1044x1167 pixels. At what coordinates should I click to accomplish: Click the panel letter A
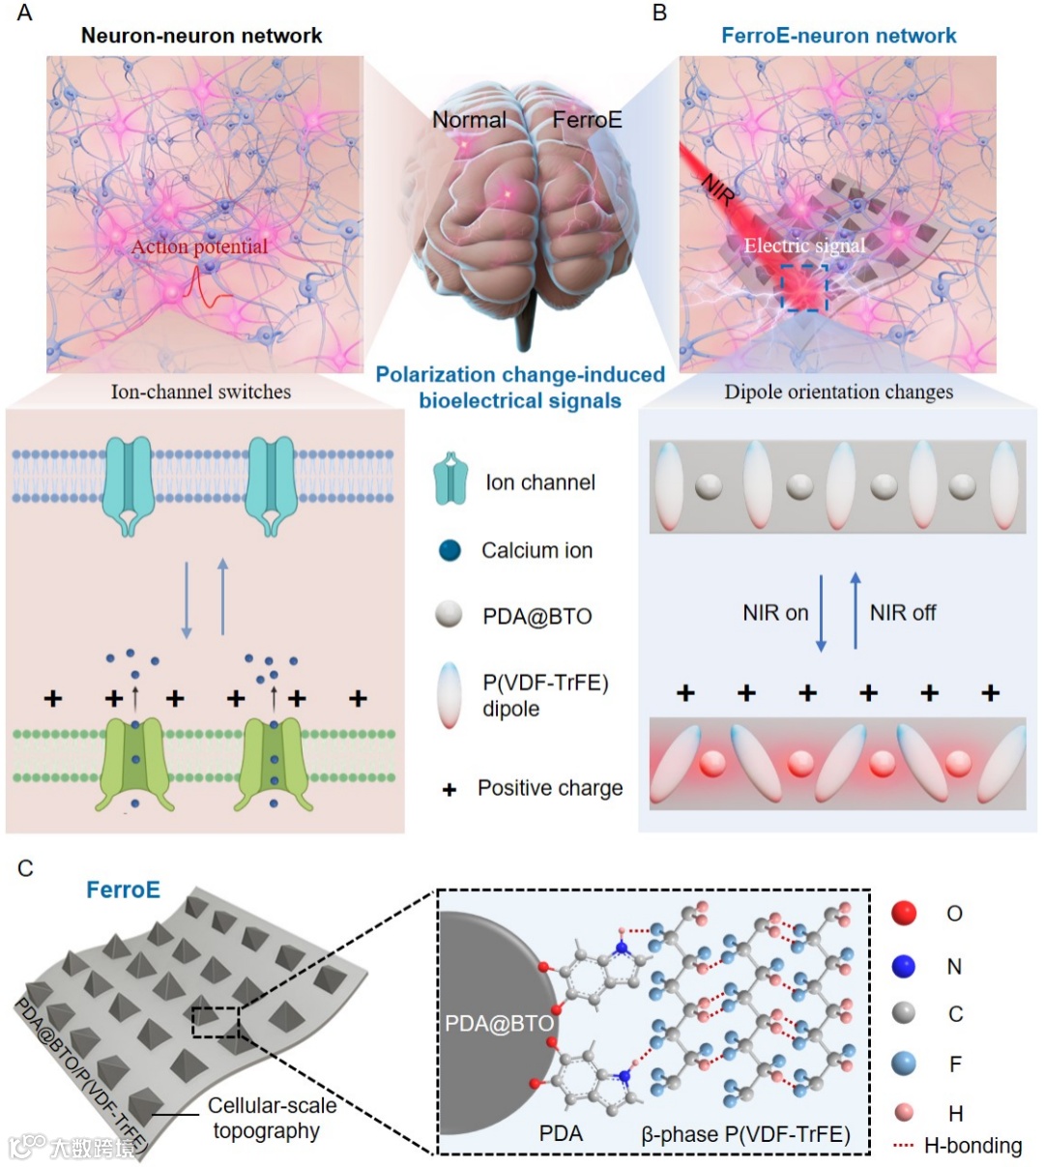(24, 14)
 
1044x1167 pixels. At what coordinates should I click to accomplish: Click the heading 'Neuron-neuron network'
(201, 36)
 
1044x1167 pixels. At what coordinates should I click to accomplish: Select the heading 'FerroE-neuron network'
(838, 36)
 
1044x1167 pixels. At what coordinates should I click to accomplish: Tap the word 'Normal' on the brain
(469, 120)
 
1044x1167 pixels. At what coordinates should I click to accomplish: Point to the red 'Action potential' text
(199, 247)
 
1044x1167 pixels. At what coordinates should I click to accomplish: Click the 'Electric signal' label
(804, 246)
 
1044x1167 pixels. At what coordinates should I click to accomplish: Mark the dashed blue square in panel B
(804, 287)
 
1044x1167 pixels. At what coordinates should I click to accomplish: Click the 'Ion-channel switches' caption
(201, 392)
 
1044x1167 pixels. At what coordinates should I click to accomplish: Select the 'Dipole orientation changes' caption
(838, 392)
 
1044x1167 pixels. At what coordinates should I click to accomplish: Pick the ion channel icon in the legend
(449, 481)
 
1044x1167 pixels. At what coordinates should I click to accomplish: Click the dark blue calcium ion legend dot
(449, 551)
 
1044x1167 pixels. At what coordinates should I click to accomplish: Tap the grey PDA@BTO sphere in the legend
(449, 615)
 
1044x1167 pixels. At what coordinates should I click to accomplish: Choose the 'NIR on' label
(775, 613)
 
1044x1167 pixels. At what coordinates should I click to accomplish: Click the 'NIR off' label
(903, 613)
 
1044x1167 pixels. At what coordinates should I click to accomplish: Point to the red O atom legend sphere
(904, 913)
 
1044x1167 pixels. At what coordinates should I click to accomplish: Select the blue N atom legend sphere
(904, 965)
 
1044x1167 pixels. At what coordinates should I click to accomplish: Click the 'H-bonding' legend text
(972, 1146)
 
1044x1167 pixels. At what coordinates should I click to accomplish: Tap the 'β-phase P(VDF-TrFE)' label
(745, 1134)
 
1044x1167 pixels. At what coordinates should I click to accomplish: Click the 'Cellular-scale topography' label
(272, 1118)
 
